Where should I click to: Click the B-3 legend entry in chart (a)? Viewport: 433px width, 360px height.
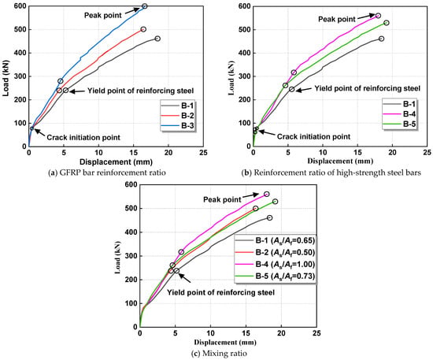177,126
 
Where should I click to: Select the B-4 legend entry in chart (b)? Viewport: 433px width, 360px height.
399,114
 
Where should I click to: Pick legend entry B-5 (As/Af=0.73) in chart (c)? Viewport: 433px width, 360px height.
275,276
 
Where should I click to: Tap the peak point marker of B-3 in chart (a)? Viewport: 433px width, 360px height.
144,6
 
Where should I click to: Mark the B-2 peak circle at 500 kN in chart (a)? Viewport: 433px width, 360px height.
143,29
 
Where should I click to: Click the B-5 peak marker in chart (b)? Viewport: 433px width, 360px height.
387,23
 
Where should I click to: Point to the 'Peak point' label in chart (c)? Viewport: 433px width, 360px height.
222,199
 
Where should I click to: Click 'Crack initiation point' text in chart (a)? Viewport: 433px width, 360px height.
83,137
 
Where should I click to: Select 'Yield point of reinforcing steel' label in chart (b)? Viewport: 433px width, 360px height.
368,88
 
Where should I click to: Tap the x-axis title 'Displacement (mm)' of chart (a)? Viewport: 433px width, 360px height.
116,161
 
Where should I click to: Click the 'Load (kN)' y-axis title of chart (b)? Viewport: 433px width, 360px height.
231,78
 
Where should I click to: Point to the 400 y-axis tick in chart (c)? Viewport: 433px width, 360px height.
131,232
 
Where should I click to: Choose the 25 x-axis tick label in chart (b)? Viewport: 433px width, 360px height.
427,153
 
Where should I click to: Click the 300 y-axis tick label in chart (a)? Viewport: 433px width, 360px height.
20,76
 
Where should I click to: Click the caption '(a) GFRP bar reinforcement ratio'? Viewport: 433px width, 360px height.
107,173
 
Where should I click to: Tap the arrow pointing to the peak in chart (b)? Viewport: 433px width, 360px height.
366,17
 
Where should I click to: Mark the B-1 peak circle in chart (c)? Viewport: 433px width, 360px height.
269,217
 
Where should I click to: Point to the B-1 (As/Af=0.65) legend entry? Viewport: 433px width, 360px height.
275,240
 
